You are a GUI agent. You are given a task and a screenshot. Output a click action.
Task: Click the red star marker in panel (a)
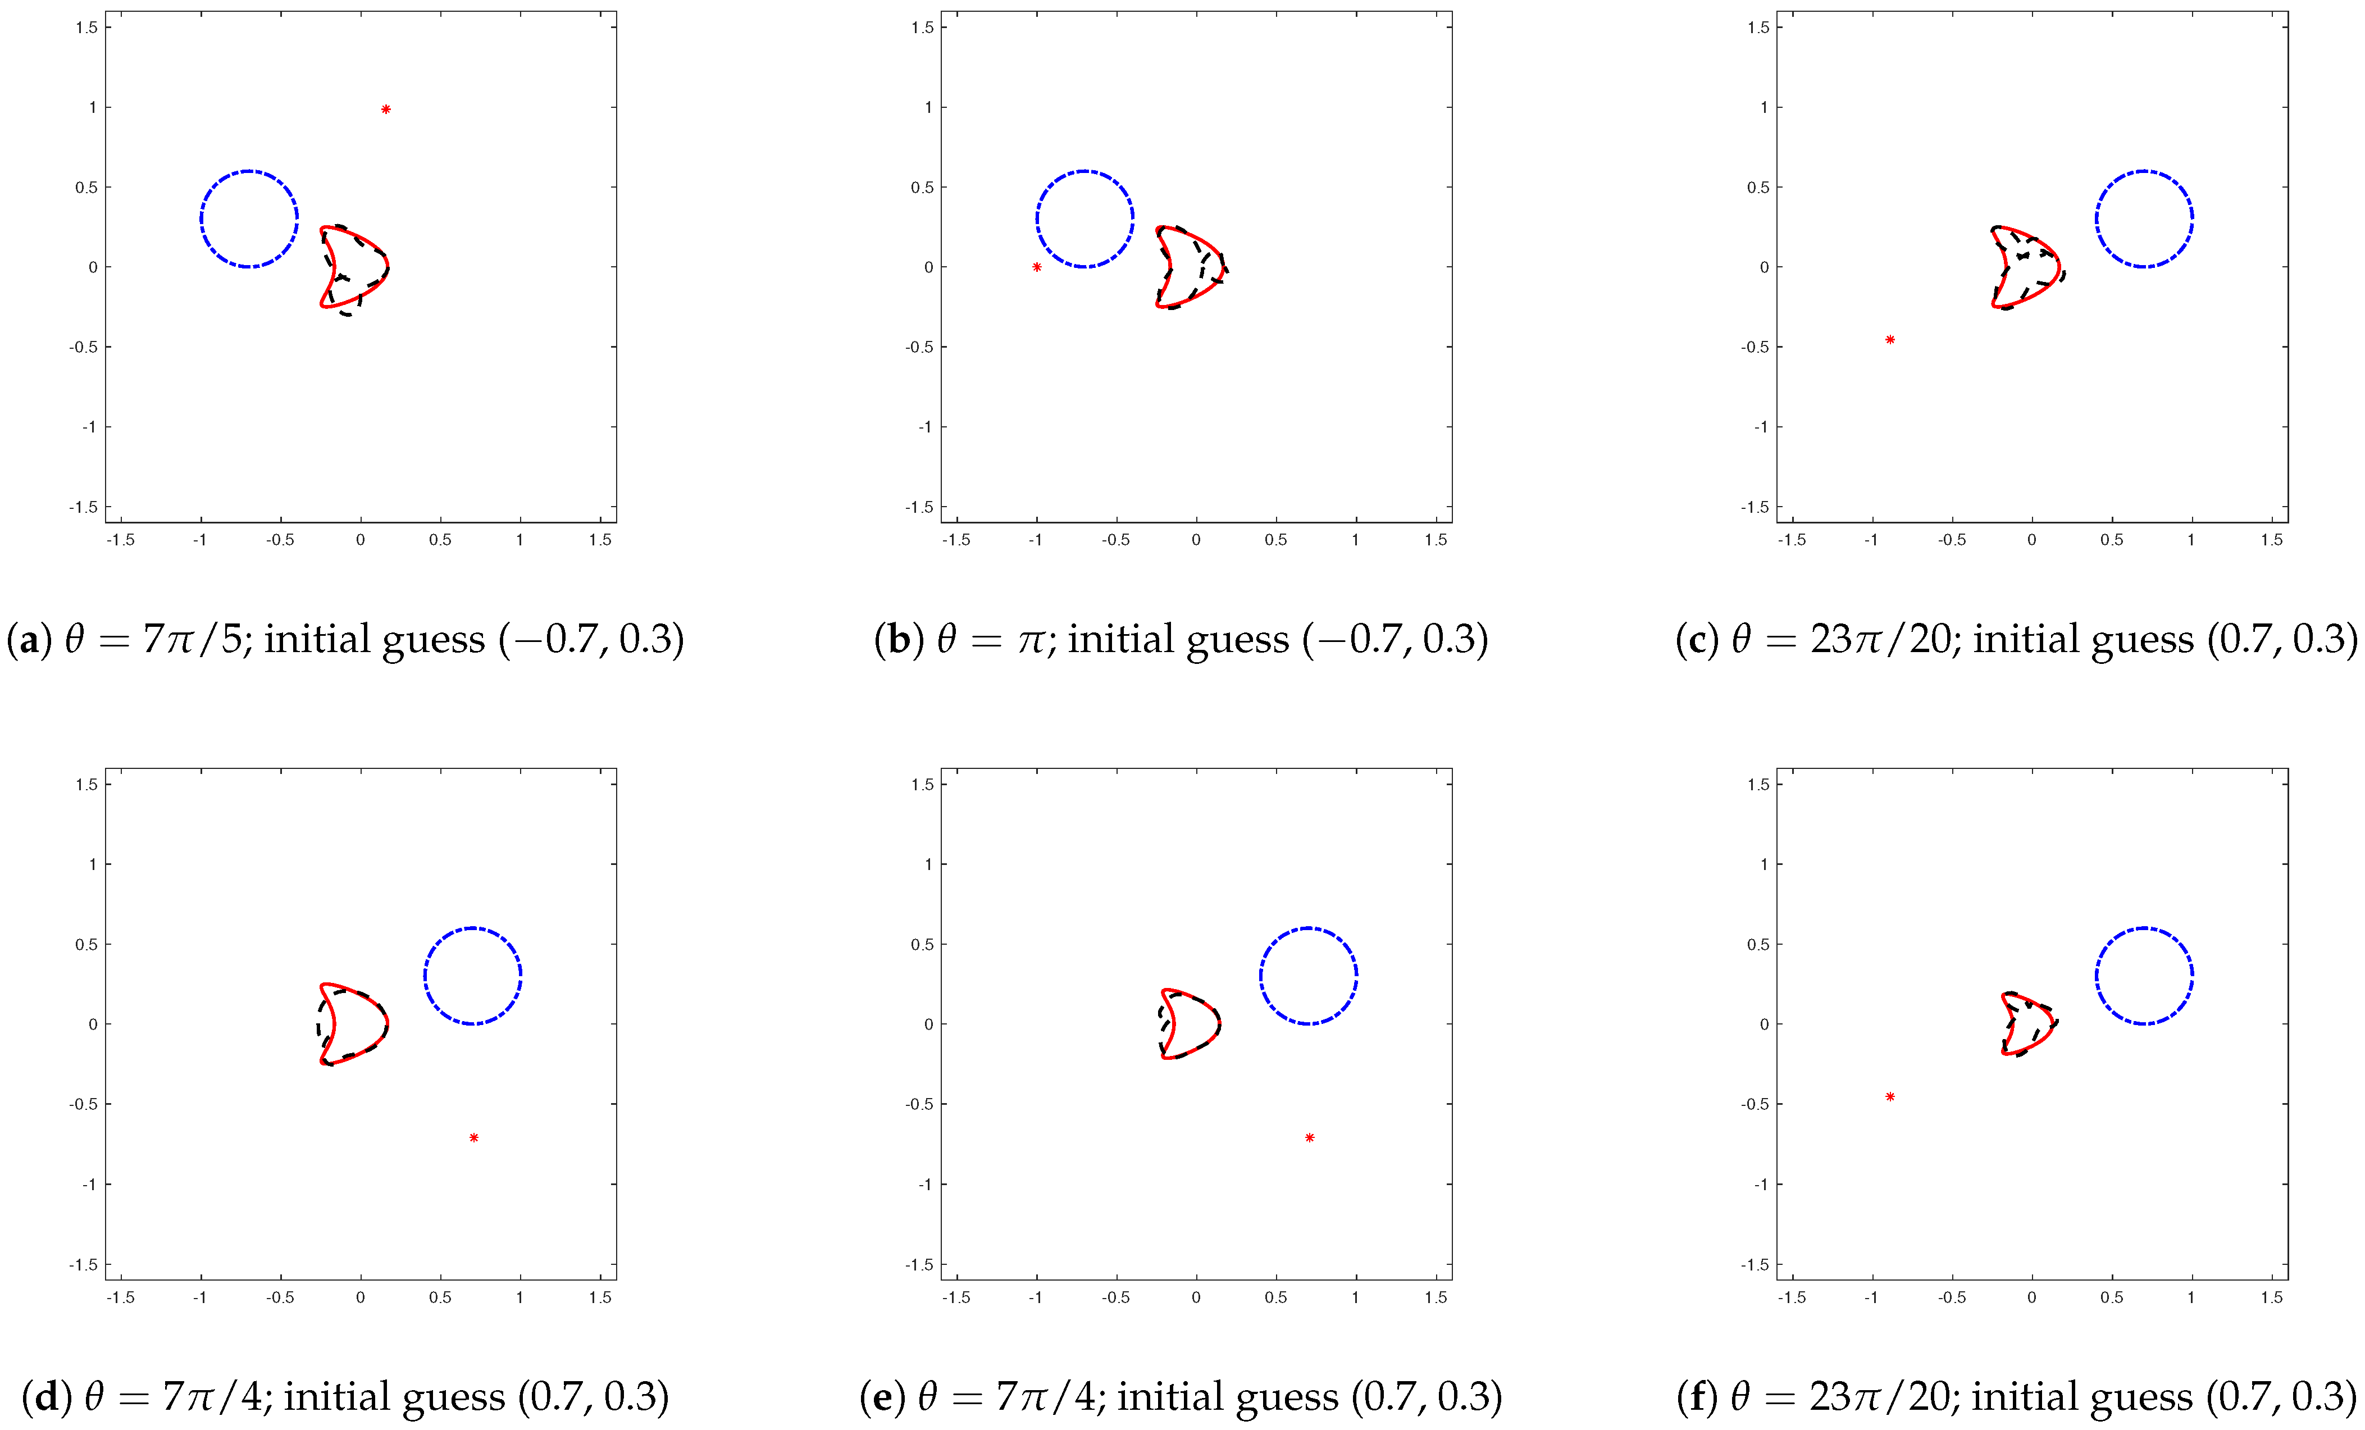386,110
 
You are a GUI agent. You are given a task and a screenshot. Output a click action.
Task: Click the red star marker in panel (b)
1037,267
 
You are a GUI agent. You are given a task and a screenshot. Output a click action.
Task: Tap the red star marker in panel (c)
1890,340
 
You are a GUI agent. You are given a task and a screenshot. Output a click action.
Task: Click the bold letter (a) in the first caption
29,639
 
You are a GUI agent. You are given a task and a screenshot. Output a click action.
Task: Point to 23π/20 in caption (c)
1881,639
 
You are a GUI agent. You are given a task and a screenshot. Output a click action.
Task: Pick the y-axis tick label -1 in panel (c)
1760,427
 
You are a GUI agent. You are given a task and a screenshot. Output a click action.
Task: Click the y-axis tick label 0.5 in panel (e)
922,944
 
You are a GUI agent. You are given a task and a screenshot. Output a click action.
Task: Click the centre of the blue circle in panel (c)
2144,219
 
